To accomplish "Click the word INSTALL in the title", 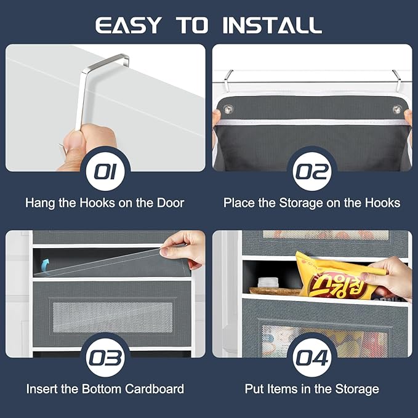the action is click(x=272, y=25).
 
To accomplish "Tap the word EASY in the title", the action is click(x=129, y=25).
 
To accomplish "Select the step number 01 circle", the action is click(x=105, y=171).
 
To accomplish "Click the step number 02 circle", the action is click(x=312, y=171).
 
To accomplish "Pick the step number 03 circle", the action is click(x=105, y=358).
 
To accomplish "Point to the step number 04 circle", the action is click(x=312, y=358).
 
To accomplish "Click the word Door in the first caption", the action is click(x=171, y=203).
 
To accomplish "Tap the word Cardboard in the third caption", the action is click(x=155, y=389).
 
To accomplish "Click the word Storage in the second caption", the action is click(x=301, y=203).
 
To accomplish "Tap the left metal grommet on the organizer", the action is click(x=228, y=109).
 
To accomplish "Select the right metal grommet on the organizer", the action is click(x=397, y=110).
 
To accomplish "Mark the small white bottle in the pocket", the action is click(x=268, y=283).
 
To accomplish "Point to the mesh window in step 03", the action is click(x=113, y=317).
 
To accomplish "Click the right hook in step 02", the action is click(x=397, y=80).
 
